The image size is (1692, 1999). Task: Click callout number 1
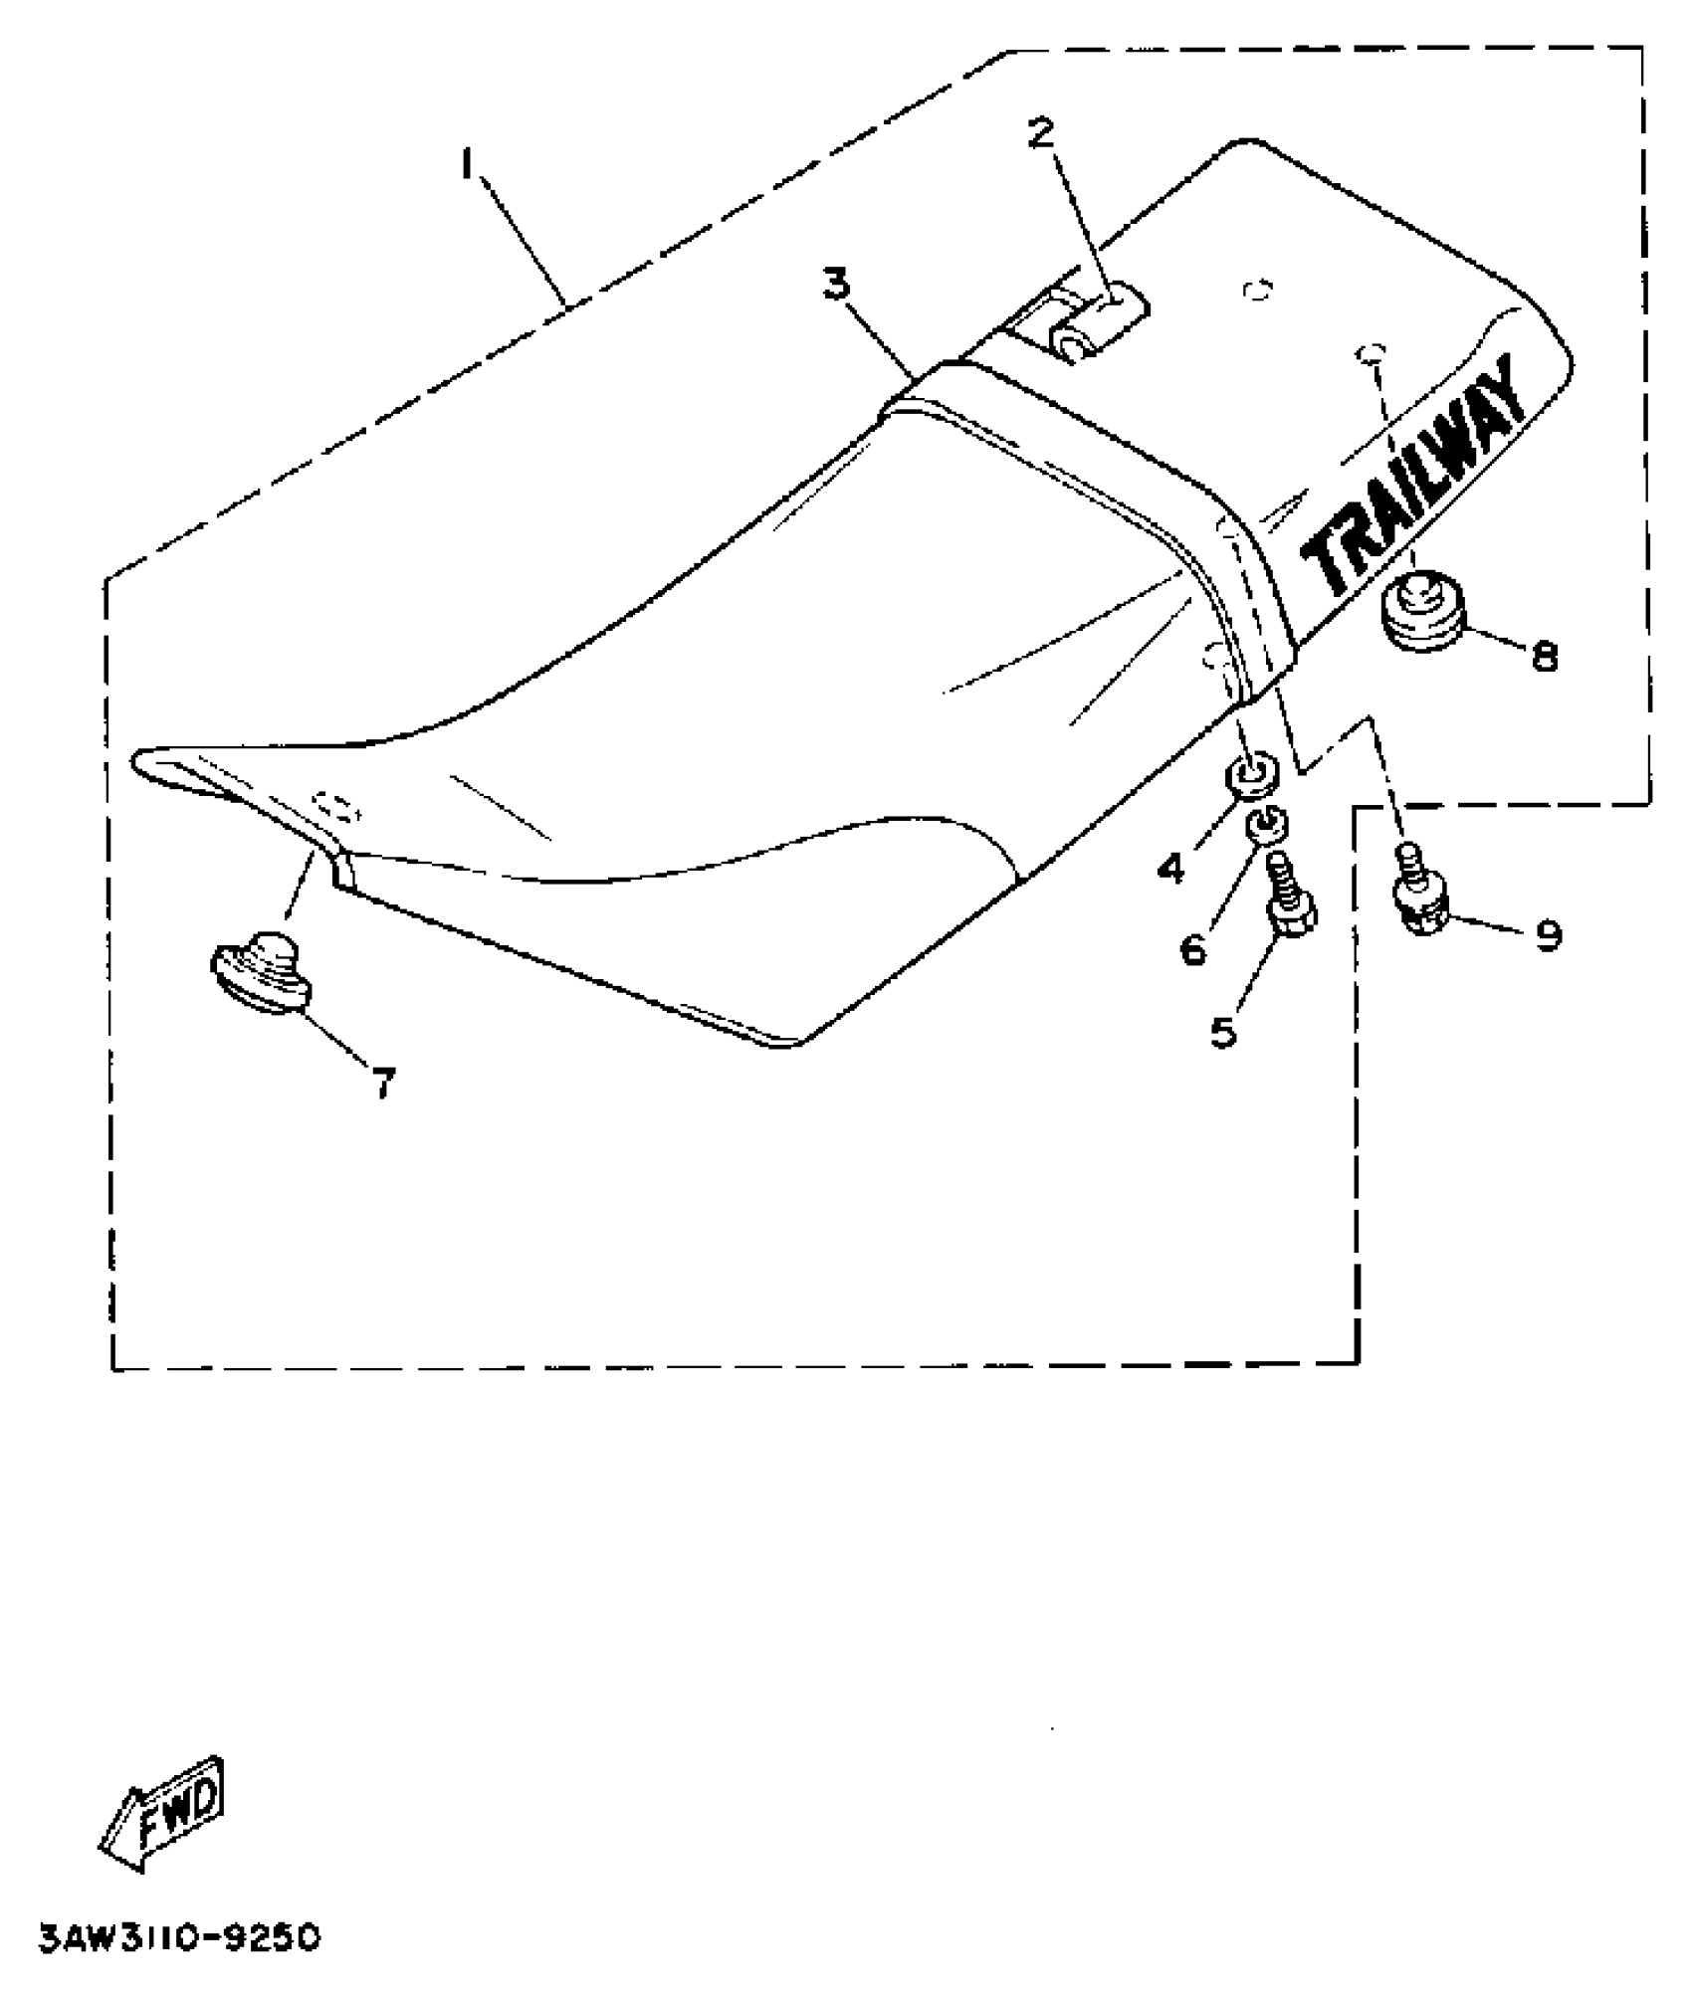[x=466, y=163]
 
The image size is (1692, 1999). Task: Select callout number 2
[x=1040, y=132]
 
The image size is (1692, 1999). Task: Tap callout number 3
[x=836, y=286]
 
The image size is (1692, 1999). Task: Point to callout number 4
[x=1170, y=868]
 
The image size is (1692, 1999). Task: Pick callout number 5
[x=1223, y=1032]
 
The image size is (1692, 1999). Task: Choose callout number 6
[x=1192, y=949]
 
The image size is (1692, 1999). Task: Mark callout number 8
[x=1544, y=656]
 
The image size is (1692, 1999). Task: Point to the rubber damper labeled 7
[x=262, y=971]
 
